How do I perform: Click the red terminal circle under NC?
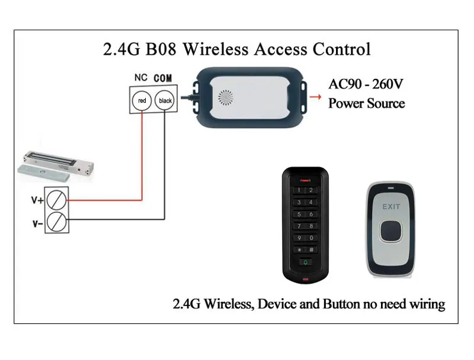pos(142,100)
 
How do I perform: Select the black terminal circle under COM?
pos(165,100)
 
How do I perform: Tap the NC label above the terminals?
pos(141,78)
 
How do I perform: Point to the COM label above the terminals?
pos(164,78)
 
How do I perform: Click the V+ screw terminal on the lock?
pos(57,200)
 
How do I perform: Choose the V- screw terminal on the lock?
pos(57,223)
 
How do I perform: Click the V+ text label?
pos(37,200)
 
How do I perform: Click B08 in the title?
pos(159,49)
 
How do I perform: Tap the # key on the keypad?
pos(311,250)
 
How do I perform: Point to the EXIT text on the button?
pos(392,206)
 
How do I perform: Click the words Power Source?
pos(366,104)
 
